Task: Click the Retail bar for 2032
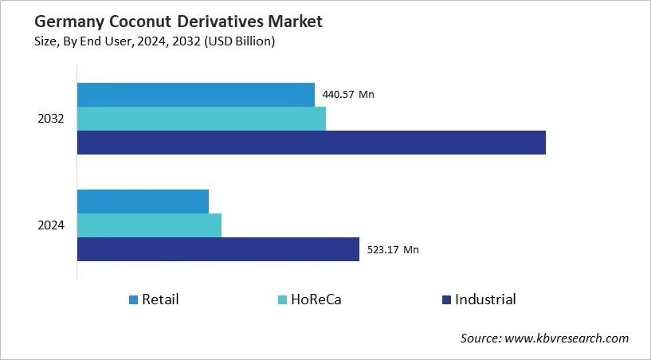coord(195,94)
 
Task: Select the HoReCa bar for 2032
coord(201,119)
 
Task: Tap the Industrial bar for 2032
coord(311,143)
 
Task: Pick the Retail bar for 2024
coord(143,202)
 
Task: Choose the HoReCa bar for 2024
coord(149,225)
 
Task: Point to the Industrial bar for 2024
coord(218,249)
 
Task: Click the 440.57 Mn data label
coord(348,94)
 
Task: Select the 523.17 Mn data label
coord(393,249)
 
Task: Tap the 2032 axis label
coord(51,119)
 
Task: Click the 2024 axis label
coord(51,225)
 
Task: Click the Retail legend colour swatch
coord(133,300)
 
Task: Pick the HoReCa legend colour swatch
coord(282,300)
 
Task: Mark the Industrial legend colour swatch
coord(446,300)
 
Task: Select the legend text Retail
coord(160,300)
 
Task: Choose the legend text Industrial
coord(485,300)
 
